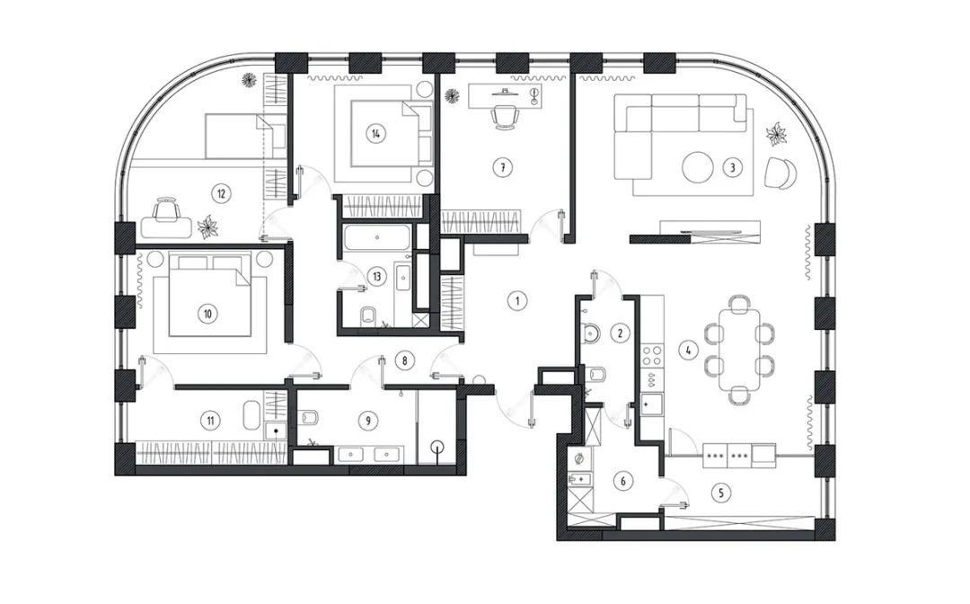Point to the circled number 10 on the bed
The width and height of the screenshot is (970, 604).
pos(208,314)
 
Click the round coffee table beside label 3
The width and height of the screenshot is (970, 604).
pos(698,166)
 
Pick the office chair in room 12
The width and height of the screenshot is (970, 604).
pos(165,210)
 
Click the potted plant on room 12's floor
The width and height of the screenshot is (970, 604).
pos(208,226)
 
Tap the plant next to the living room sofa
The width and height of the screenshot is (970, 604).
pos(775,135)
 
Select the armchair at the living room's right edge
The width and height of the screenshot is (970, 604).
pos(780,173)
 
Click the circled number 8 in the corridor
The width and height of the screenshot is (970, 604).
pos(405,360)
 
